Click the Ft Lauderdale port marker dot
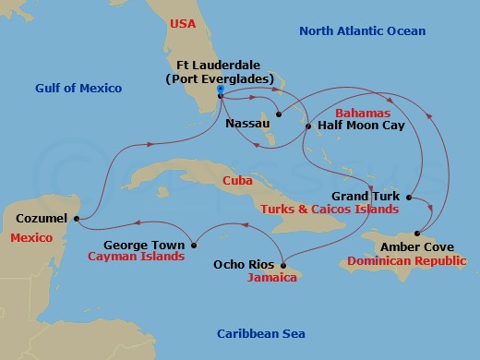click(221, 90)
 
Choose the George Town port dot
click(194, 245)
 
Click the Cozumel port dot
click(75, 219)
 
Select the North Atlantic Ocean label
click(362, 31)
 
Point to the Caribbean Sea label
click(260, 333)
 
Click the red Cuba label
click(237, 182)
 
